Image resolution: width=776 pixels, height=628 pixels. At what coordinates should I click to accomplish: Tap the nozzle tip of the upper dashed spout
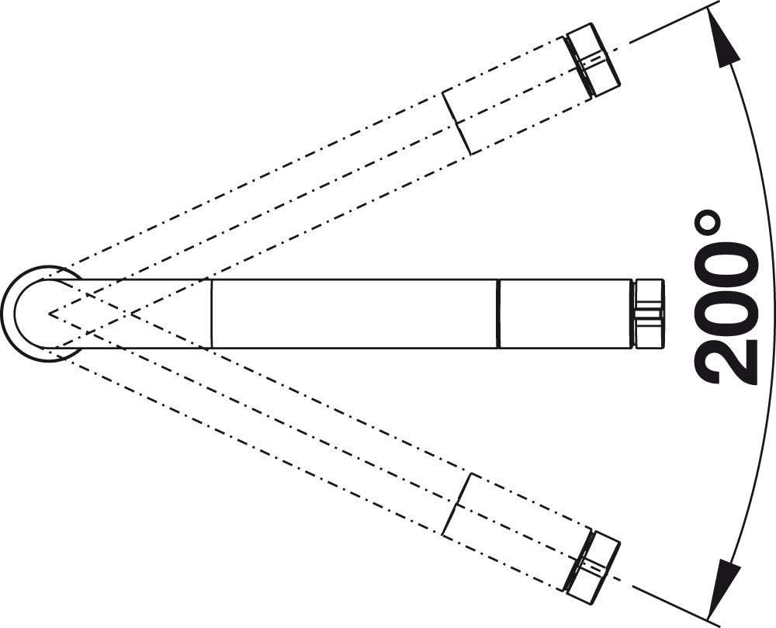coord(592,60)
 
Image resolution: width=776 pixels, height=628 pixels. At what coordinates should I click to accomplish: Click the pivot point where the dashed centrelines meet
coord(49,314)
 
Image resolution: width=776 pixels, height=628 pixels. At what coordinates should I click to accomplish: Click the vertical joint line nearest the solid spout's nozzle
coord(499,314)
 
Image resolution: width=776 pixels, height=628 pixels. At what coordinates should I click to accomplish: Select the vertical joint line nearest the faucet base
coord(211,314)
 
